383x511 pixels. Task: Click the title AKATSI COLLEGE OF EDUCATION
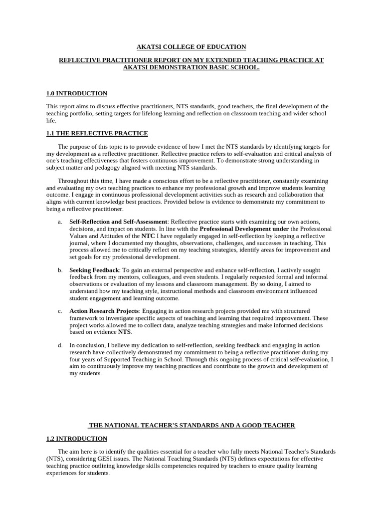pos(191,47)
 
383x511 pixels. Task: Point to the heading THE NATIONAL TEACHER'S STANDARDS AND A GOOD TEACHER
pos(191,425)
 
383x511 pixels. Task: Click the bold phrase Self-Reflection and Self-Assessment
pos(118,222)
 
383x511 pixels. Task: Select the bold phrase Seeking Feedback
pos(94,270)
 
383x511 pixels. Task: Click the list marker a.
pos(60,222)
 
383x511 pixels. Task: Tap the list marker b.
pos(60,270)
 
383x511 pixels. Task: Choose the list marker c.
pos(60,311)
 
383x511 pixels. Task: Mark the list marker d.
pos(60,345)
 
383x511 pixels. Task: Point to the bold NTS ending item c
pos(124,331)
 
